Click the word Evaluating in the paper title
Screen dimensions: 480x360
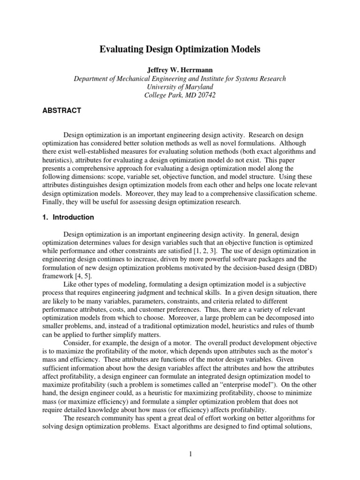pyautogui.click(x=122, y=49)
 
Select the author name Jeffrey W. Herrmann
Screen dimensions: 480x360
pyautogui.click(x=180, y=70)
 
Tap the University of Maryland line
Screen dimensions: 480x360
pyautogui.click(x=180, y=87)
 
